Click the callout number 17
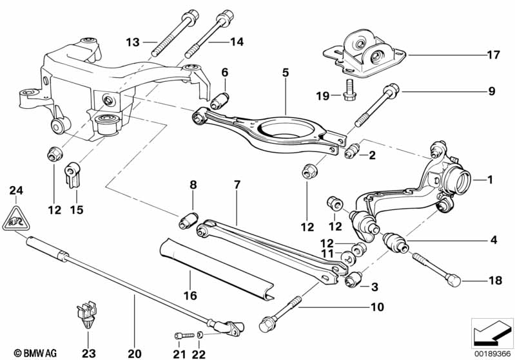click(x=493, y=55)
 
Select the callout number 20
click(x=133, y=353)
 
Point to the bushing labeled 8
click(x=188, y=220)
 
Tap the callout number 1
click(x=490, y=180)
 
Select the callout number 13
click(x=132, y=43)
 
